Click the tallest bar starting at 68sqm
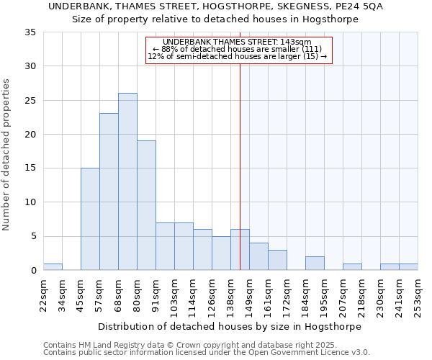[127, 181]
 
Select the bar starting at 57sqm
[109, 192]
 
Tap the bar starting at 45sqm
[90, 219]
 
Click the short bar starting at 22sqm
[53, 267]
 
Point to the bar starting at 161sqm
[277, 260]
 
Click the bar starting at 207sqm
[352, 267]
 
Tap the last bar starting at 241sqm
[408, 267]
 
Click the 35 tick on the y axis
[32, 32]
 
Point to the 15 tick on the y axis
[32, 168]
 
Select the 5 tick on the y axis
[35, 236]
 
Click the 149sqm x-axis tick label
[250, 295]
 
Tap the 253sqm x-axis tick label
[418, 295]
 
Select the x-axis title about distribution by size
[229, 326]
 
